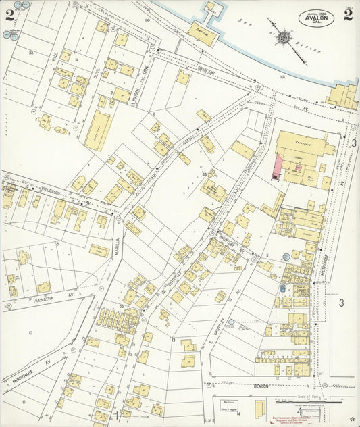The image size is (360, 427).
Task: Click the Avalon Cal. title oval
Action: [x=316, y=18]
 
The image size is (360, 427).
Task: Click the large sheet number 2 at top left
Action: [x=9, y=16]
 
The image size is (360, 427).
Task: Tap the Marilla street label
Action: [x=118, y=244]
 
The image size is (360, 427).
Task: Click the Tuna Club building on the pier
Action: [x=201, y=32]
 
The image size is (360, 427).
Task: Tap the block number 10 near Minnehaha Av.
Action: [x=30, y=333]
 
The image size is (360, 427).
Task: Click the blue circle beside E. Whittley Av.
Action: [x=232, y=322]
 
